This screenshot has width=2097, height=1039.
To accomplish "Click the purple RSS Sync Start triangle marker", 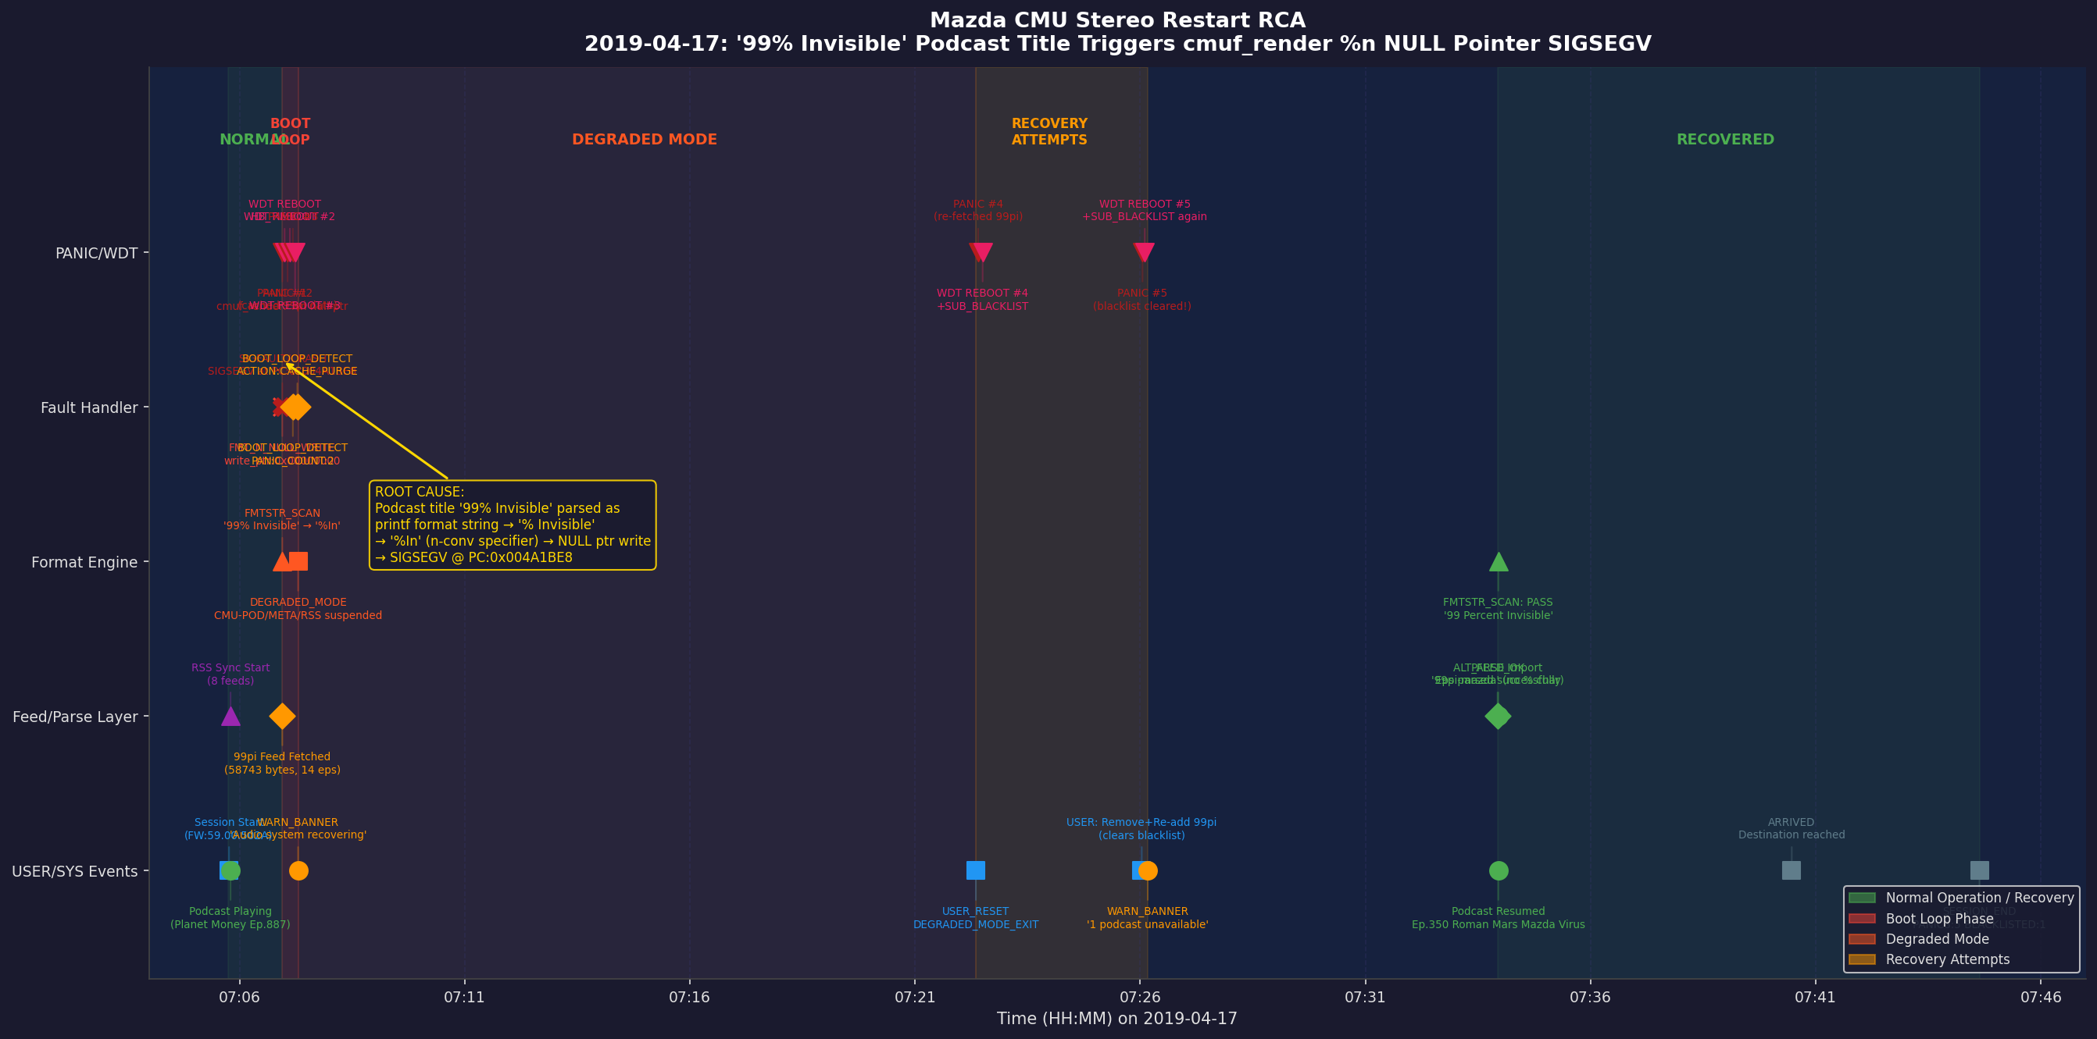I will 230,717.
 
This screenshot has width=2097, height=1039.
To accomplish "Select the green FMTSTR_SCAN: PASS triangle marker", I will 1498,561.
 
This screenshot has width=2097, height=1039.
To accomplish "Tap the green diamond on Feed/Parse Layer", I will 1498,717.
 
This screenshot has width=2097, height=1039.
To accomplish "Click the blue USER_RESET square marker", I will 975,870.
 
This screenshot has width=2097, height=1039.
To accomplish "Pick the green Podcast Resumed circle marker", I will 1498,870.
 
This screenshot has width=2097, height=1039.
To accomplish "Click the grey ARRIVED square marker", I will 1791,870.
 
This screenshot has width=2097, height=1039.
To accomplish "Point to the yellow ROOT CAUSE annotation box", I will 513,525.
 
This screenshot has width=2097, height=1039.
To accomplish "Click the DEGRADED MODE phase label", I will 644,139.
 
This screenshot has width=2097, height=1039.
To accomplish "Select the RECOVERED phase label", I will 1725,139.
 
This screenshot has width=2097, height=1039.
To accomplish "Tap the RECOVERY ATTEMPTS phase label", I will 1049,132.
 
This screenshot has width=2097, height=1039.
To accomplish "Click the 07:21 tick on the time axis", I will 915,997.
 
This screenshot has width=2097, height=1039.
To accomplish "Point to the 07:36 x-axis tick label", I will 1590,997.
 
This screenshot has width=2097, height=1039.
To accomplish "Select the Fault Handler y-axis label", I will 90,407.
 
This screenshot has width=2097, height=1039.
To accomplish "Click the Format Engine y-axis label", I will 84,562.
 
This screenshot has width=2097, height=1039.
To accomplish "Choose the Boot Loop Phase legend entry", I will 1939,919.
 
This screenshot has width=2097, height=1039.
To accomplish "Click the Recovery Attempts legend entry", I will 1947,959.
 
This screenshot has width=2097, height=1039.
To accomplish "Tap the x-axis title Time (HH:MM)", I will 1117,1019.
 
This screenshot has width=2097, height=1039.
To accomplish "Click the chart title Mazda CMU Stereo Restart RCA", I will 1117,20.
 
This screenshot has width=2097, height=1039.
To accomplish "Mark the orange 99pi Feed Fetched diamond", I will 283,717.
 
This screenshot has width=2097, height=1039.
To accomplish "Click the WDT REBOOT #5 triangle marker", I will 1145,252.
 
